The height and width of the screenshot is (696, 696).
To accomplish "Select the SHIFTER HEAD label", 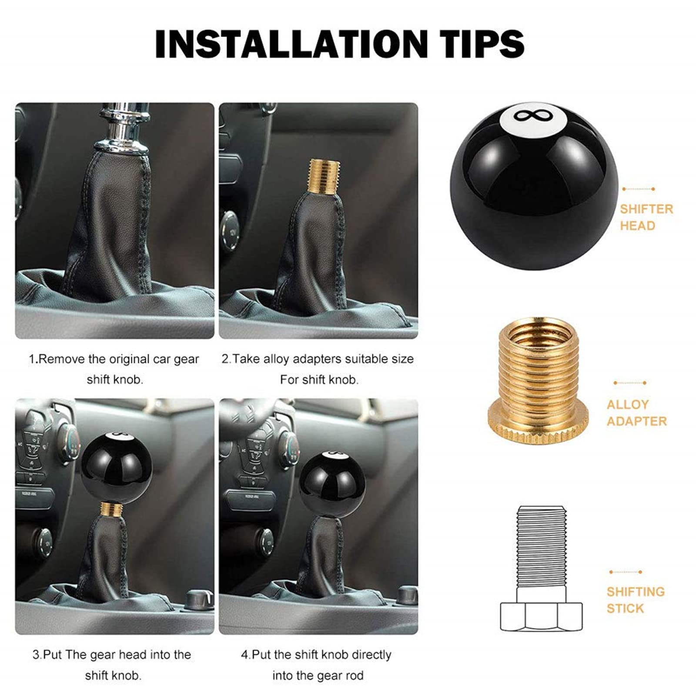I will click(646, 217).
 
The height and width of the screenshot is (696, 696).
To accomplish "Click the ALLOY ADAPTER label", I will click(636, 412).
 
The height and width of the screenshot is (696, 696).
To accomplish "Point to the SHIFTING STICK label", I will click(635, 599).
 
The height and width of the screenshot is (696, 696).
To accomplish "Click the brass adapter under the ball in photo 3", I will click(110, 511).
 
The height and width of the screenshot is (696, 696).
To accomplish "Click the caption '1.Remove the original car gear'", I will click(114, 359).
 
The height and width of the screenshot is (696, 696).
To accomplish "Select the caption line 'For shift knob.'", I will click(319, 380).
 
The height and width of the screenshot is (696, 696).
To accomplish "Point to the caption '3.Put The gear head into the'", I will click(112, 655).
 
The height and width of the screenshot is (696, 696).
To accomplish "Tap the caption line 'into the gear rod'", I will click(318, 676).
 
